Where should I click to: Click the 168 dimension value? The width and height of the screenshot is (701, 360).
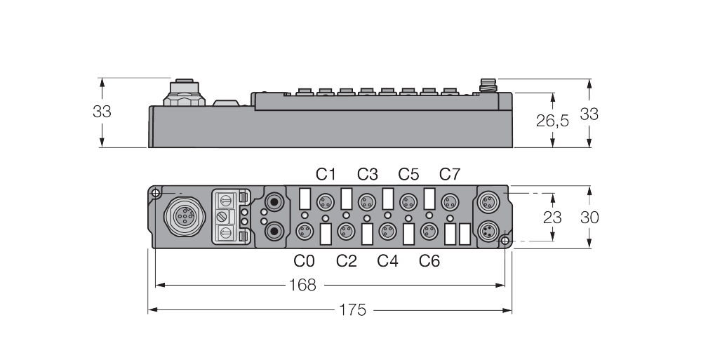pyautogui.click(x=302, y=285)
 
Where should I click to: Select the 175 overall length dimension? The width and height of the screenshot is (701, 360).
pyautogui.click(x=353, y=310)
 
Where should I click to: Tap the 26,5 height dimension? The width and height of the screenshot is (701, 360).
pyautogui.click(x=552, y=120)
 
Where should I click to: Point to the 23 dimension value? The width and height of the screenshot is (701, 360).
pyautogui.click(x=552, y=218)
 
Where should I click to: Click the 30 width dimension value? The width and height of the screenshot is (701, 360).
pyautogui.click(x=589, y=218)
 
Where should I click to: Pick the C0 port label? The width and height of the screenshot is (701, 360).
pyautogui.click(x=304, y=261)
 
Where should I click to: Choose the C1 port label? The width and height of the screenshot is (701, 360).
pyautogui.click(x=326, y=174)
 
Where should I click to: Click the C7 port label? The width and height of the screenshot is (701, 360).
pyautogui.click(x=450, y=174)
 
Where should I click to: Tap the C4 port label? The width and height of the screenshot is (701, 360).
pyautogui.click(x=387, y=261)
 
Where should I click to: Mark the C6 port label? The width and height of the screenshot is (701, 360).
pyautogui.click(x=429, y=261)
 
